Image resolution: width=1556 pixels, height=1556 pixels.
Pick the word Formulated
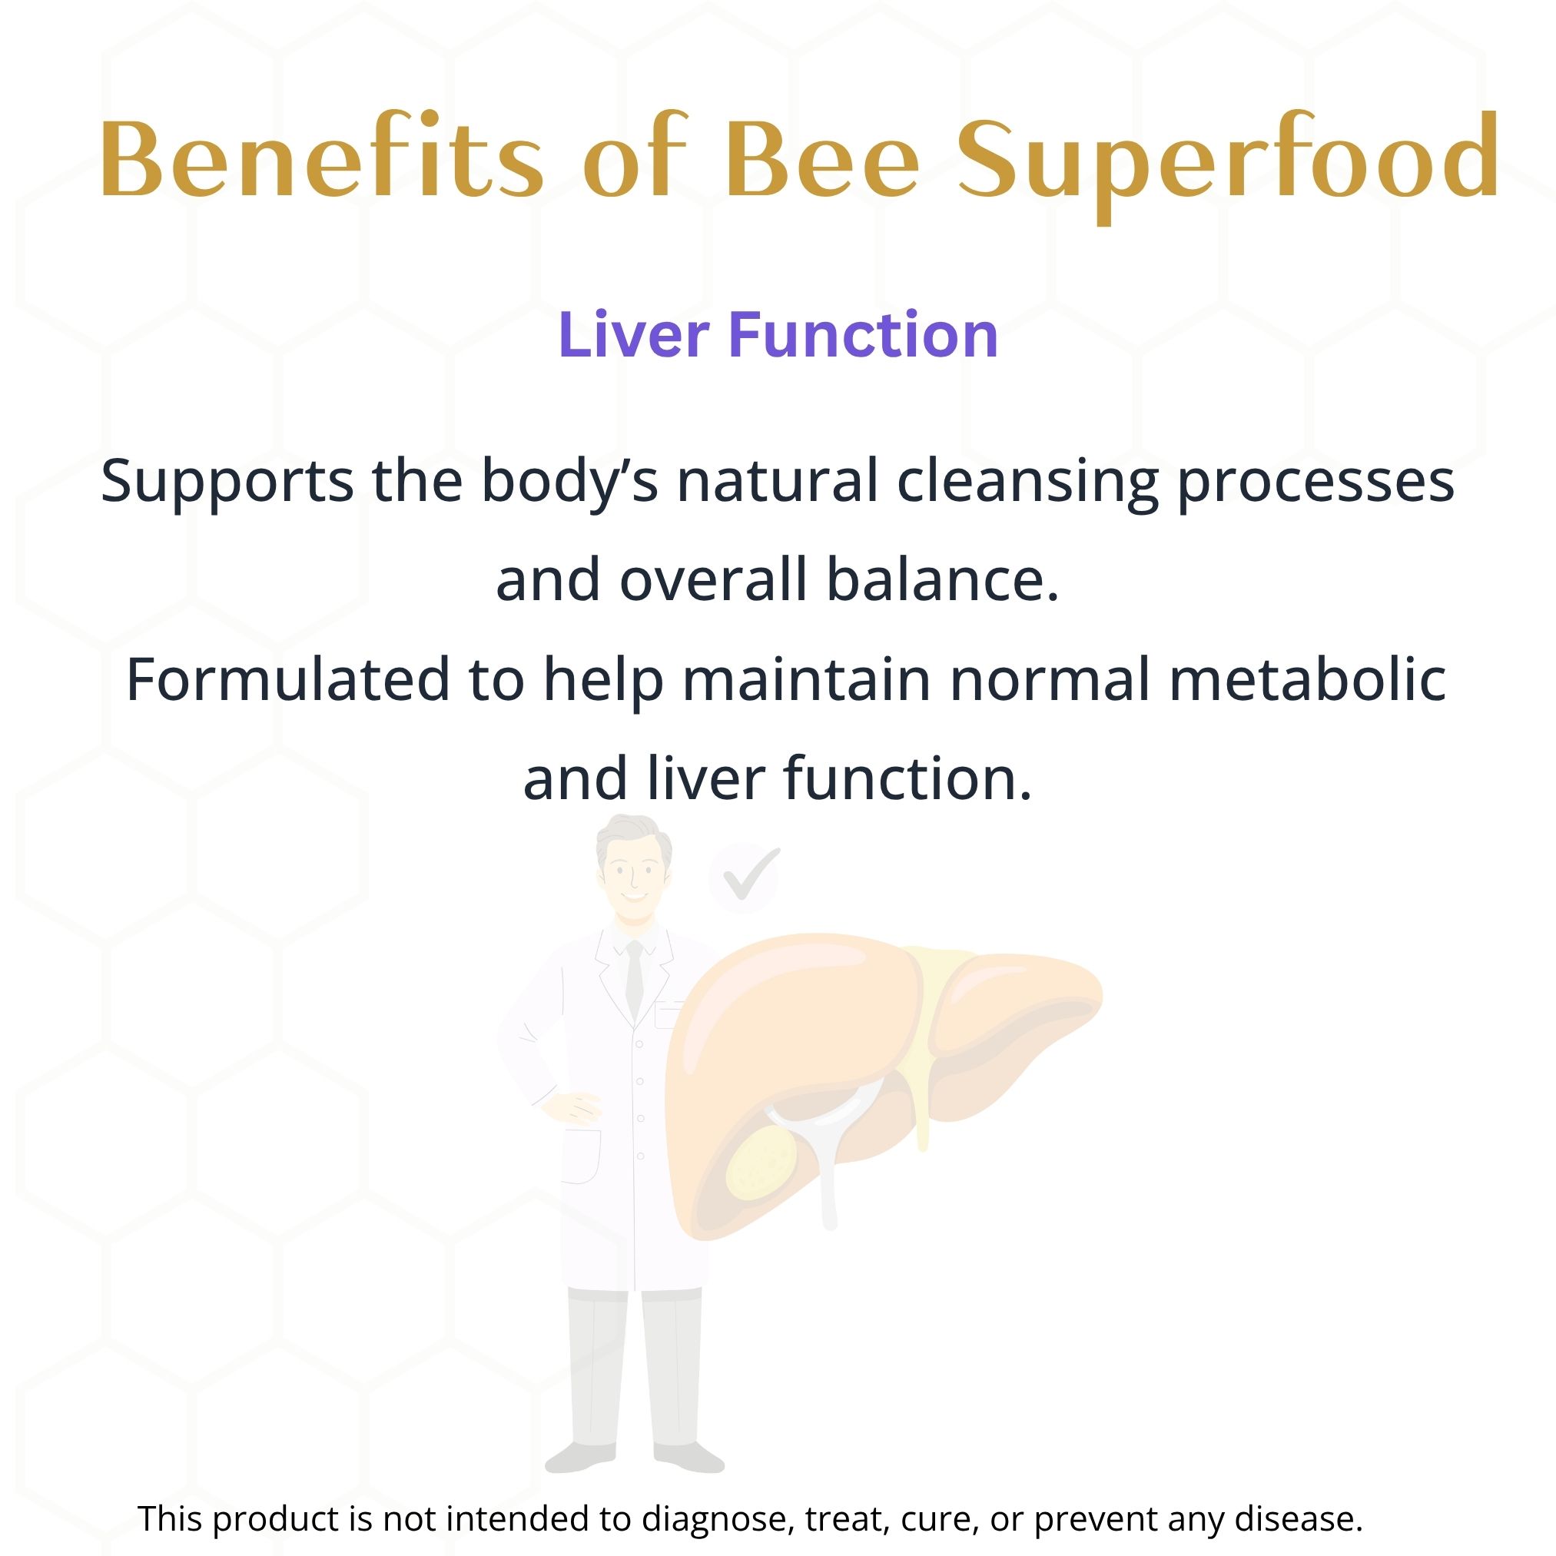tap(287, 679)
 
